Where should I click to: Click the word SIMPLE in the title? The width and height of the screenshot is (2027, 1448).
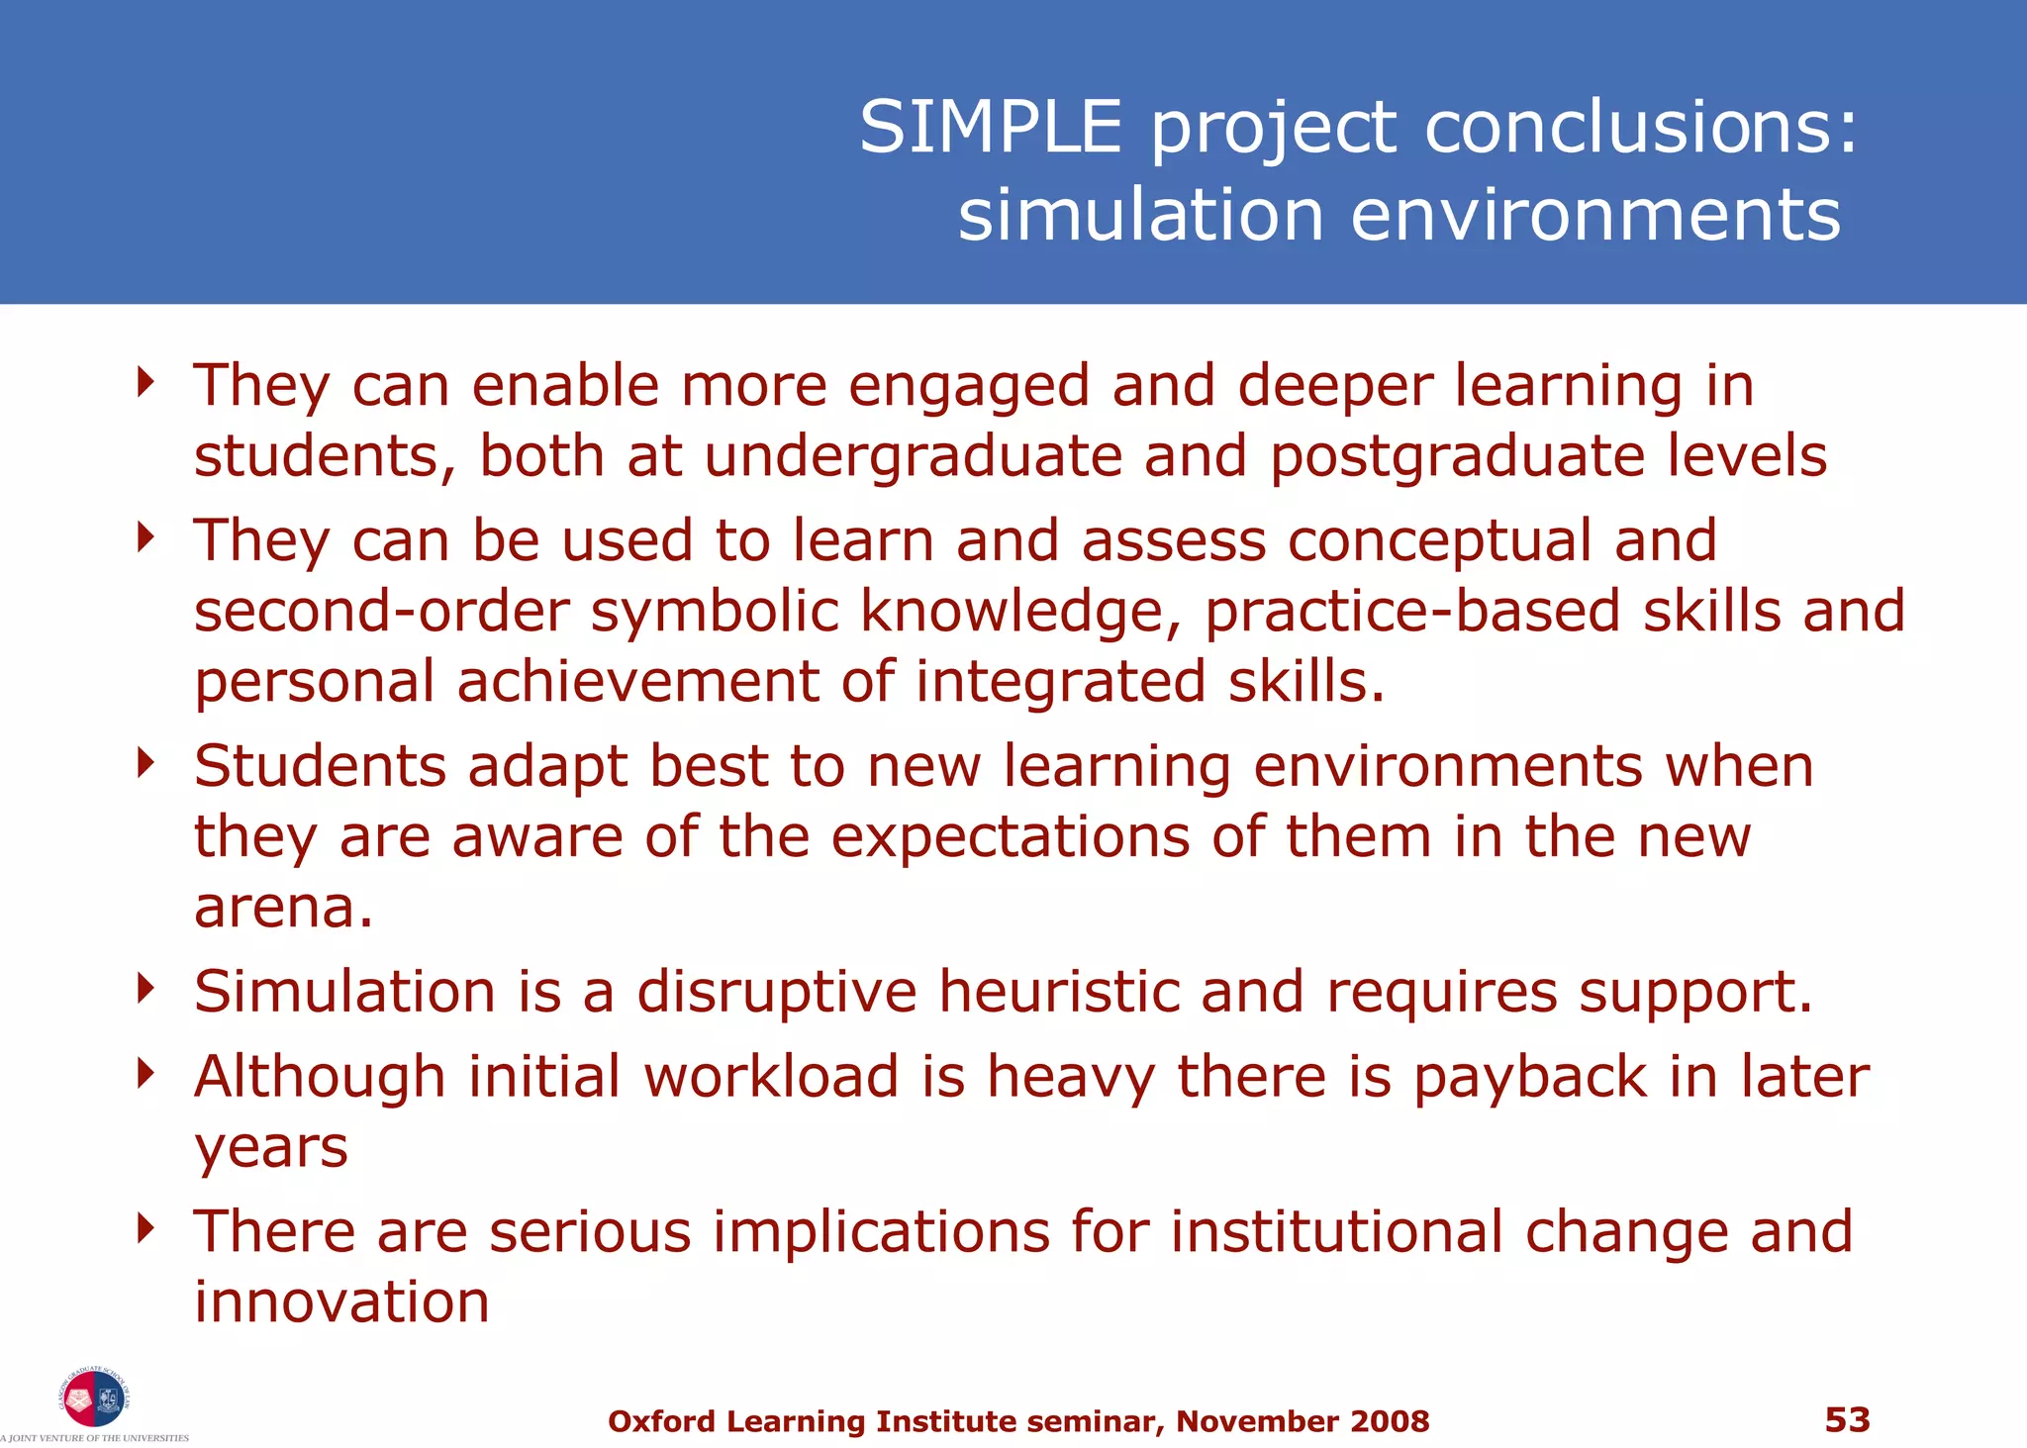(991, 128)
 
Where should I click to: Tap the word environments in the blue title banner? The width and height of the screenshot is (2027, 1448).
(1594, 216)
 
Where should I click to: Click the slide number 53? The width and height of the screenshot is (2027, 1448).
(1847, 1419)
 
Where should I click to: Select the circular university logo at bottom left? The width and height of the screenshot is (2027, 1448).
(95, 1399)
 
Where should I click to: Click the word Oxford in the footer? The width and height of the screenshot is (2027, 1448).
(661, 1421)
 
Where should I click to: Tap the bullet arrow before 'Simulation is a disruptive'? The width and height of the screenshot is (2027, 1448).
(146, 987)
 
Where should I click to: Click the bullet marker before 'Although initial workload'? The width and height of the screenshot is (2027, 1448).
(146, 1072)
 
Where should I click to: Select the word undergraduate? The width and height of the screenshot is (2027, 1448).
(914, 456)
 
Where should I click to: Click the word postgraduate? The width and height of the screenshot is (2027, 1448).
(1456, 456)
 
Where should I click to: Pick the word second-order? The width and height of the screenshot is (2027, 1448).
(381, 611)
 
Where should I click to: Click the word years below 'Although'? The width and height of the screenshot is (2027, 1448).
(270, 1148)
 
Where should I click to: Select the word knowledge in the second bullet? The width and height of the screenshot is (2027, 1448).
(1019, 611)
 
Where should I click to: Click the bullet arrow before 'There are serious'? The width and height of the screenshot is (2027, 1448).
(146, 1227)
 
